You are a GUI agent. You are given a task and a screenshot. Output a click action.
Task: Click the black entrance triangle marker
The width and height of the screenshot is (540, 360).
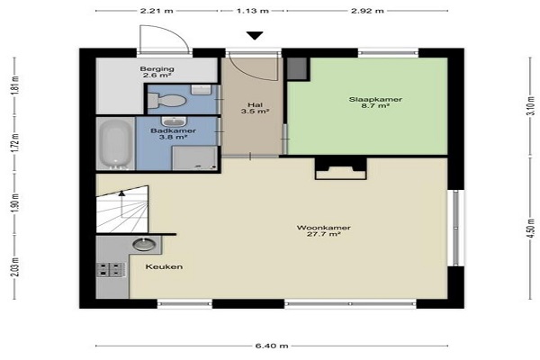[255, 35]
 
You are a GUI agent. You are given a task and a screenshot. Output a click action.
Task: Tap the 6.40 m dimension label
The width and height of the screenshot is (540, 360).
[272, 346]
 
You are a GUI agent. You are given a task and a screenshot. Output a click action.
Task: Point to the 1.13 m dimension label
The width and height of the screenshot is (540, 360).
[252, 11]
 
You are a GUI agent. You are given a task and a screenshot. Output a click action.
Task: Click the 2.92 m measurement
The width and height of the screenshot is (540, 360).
[367, 11]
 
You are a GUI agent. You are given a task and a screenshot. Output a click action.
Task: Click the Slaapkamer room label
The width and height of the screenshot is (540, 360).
[375, 100]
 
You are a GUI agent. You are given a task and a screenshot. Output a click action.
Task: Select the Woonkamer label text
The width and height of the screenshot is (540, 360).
[323, 228]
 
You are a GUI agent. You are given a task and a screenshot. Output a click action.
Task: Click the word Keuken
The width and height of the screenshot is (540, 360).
[164, 266]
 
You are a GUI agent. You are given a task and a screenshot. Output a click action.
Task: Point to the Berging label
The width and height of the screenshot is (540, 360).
[157, 69]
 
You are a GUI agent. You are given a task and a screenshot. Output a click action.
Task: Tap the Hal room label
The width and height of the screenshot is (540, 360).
[255, 105]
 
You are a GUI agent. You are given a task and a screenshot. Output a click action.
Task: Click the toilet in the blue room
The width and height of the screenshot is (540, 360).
[166, 101]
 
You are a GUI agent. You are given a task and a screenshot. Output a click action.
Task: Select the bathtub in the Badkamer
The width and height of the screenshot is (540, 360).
[115, 144]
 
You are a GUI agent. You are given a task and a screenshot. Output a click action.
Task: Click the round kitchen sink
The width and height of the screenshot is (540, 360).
[144, 244]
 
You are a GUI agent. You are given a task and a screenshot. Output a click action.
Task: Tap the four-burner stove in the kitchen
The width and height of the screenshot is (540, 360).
[110, 270]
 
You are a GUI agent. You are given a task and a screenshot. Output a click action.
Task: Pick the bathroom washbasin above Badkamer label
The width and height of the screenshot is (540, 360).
[174, 121]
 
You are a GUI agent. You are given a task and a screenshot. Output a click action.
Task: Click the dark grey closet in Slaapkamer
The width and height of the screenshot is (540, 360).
[297, 68]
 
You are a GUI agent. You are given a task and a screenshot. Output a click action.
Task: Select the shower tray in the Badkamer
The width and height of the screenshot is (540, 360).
[195, 158]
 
